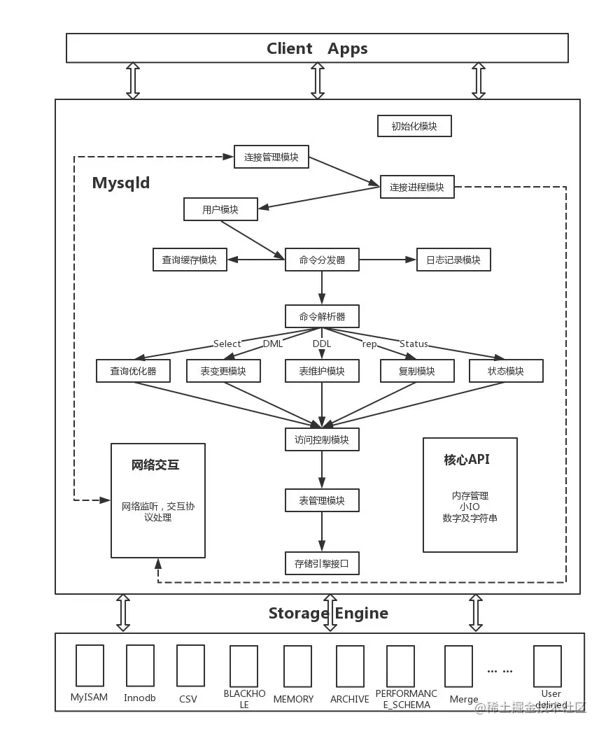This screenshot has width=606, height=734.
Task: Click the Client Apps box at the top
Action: (317, 48)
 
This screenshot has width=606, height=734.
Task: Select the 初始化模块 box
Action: (414, 126)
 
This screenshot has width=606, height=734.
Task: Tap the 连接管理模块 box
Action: (271, 157)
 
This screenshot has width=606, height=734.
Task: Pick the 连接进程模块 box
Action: (416, 187)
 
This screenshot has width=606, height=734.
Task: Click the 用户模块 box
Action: (220, 209)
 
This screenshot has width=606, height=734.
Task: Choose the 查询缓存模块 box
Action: (190, 260)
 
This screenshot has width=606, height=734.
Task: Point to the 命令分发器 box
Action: (322, 260)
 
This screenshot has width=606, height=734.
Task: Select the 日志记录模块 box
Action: (453, 260)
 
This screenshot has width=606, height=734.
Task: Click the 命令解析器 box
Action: (322, 316)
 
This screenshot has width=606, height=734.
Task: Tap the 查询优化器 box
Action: (133, 371)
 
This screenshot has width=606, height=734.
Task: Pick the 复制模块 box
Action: (416, 371)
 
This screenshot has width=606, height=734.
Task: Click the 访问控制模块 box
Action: (322, 439)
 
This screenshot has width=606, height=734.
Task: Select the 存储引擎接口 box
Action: (322, 563)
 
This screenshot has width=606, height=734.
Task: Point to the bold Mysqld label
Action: (121, 183)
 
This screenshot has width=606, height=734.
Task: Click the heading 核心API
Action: (467, 460)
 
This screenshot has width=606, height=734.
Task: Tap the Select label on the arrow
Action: (227, 344)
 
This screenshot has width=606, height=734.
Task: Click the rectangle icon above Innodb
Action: (140, 665)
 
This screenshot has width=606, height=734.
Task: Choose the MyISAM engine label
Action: (89, 698)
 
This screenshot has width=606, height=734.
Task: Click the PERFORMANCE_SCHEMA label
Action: (406, 699)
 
